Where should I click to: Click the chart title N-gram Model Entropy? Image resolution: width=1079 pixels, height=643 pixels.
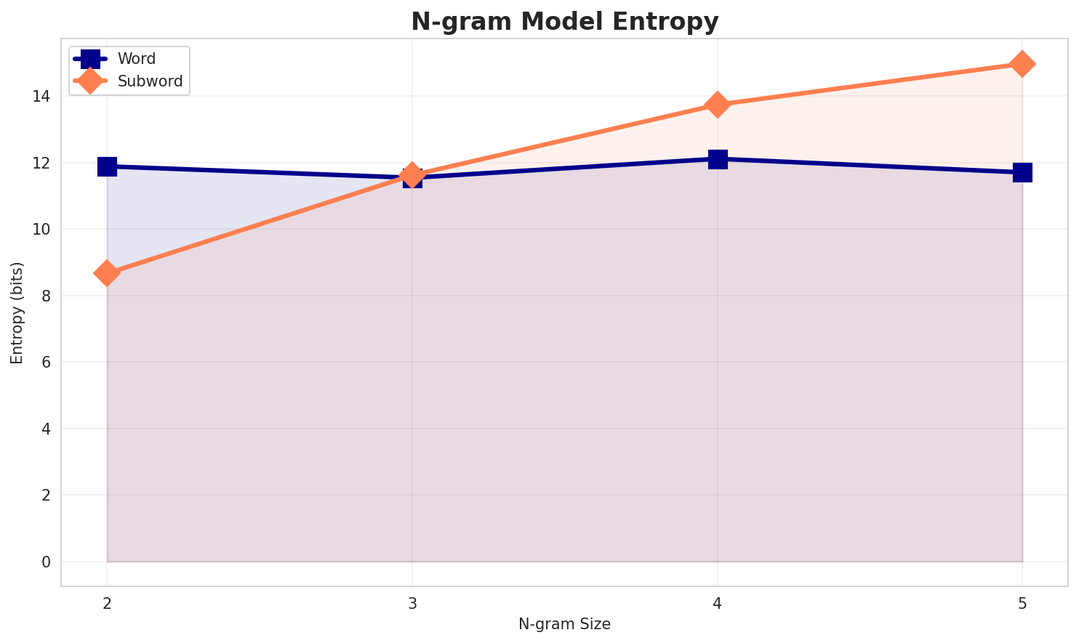564,22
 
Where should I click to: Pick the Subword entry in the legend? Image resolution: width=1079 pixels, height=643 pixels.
150,81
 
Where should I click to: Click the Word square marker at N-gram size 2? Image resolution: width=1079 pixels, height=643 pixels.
107,166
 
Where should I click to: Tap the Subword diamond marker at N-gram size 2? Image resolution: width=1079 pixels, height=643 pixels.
107,274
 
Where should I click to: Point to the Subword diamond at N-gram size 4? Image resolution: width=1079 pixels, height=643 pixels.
718,105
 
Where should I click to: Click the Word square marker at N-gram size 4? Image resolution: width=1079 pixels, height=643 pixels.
718,159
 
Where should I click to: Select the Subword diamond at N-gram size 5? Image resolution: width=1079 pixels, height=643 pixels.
1022,64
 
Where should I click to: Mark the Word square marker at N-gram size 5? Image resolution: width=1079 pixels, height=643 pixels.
1022,173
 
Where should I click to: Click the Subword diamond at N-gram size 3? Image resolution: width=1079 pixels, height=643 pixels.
412,174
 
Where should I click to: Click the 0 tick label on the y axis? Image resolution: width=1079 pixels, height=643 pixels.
46,562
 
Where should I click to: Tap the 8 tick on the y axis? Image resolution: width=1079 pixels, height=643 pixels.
46,296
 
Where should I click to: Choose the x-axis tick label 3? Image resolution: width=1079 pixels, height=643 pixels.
412,603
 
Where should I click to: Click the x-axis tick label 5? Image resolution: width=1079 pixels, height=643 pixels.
1022,603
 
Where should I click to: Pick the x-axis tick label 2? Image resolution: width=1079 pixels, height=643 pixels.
107,603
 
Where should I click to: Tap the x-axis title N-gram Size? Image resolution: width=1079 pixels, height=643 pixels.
564,624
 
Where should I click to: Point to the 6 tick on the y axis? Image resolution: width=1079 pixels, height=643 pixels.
46,363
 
